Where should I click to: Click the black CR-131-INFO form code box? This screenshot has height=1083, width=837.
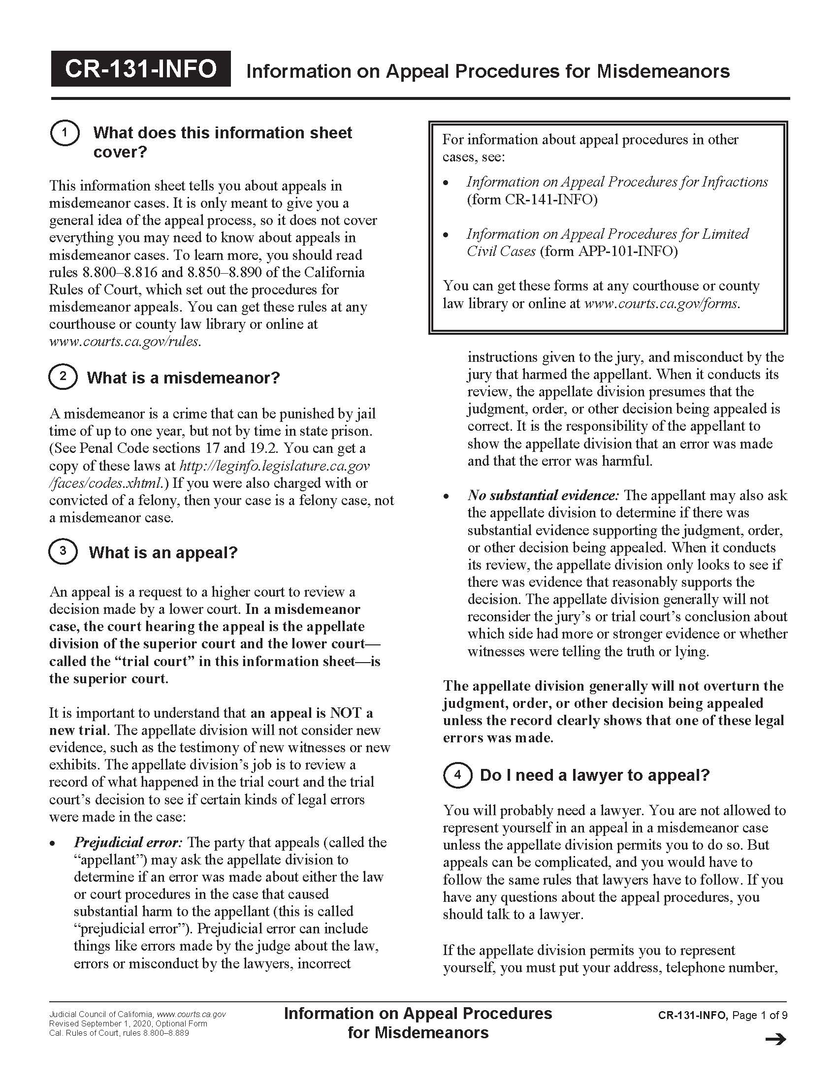click(x=140, y=69)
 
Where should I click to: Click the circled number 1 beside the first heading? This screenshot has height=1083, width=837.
click(x=64, y=133)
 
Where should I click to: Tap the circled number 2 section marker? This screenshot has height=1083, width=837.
click(x=63, y=377)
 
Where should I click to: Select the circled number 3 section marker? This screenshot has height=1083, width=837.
click(x=63, y=551)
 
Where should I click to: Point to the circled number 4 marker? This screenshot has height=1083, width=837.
click(x=457, y=774)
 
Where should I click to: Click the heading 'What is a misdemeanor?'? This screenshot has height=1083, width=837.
click(x=184, y=378)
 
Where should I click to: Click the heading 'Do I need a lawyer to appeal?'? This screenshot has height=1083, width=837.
click(x=595, y=775)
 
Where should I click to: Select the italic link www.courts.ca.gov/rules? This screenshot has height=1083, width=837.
click(x=125, y=341)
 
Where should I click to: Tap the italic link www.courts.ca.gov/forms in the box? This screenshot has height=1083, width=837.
click(x=661, y=303)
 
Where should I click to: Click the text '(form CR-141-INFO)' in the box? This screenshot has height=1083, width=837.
click(x=532, y=199)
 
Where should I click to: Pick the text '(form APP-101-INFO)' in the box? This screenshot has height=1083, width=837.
click(x=608, y=251)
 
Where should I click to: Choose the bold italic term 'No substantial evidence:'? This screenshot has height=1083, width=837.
click(x=543, y=495)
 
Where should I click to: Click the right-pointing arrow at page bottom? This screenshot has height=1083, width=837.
click(x=775, y=1039)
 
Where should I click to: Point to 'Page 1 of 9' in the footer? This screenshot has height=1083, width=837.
click(x=760, y=1015)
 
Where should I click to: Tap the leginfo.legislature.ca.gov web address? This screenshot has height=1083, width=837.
click(x=274, y=466)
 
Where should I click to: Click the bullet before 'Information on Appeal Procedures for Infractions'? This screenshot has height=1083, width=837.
click(x=446, y=183)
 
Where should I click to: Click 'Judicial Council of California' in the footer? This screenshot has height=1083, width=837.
click(x=100, y=1015)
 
